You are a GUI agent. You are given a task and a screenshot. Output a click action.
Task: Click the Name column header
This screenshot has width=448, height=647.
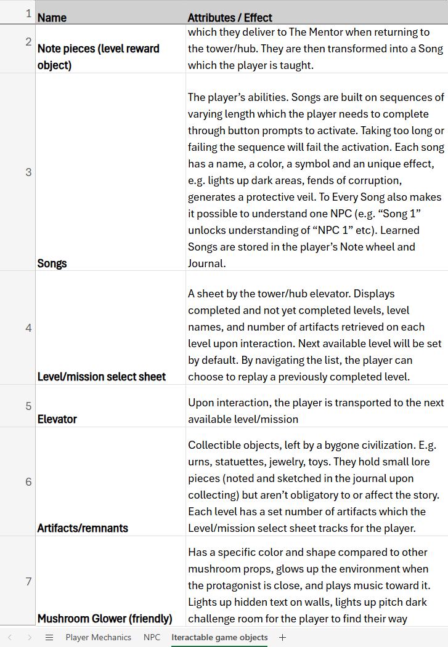point(52,18)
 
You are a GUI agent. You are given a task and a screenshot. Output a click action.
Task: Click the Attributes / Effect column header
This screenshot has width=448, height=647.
point(230,18)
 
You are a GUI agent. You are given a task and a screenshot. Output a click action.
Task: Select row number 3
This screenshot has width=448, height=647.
point(28,172)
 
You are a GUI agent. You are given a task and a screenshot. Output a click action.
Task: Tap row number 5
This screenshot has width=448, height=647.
point(28,406)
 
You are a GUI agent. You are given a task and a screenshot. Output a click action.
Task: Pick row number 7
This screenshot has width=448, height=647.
point(28,581)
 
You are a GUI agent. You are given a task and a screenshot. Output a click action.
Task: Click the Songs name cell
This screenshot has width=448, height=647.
point(52,263)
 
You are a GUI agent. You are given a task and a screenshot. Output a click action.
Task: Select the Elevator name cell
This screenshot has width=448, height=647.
point(57,419)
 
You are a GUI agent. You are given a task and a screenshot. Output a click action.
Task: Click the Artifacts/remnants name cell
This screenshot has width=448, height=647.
point(83,528)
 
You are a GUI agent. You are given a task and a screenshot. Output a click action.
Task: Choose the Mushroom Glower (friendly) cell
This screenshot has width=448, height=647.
point(105,619)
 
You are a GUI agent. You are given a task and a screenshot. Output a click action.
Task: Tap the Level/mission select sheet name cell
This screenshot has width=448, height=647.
point(102,377)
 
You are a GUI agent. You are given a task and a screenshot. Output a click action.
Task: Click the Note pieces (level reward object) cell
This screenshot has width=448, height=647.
point(99,57)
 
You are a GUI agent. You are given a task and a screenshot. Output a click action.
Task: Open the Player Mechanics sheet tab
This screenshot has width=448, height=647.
point(99,637)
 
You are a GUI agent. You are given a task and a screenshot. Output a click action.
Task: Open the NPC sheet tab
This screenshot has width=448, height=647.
point(152,637)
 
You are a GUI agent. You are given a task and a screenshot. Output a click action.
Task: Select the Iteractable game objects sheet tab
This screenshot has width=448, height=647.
point(219,637)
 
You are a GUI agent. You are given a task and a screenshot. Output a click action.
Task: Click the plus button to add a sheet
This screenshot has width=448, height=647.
point(283,637)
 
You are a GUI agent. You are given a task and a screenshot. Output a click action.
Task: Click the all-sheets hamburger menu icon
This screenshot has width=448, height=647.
point(49,637)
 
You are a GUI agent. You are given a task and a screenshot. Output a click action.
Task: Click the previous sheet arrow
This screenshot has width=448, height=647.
point(9,637)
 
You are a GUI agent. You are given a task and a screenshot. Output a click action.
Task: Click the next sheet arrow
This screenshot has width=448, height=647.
point(29,637)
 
